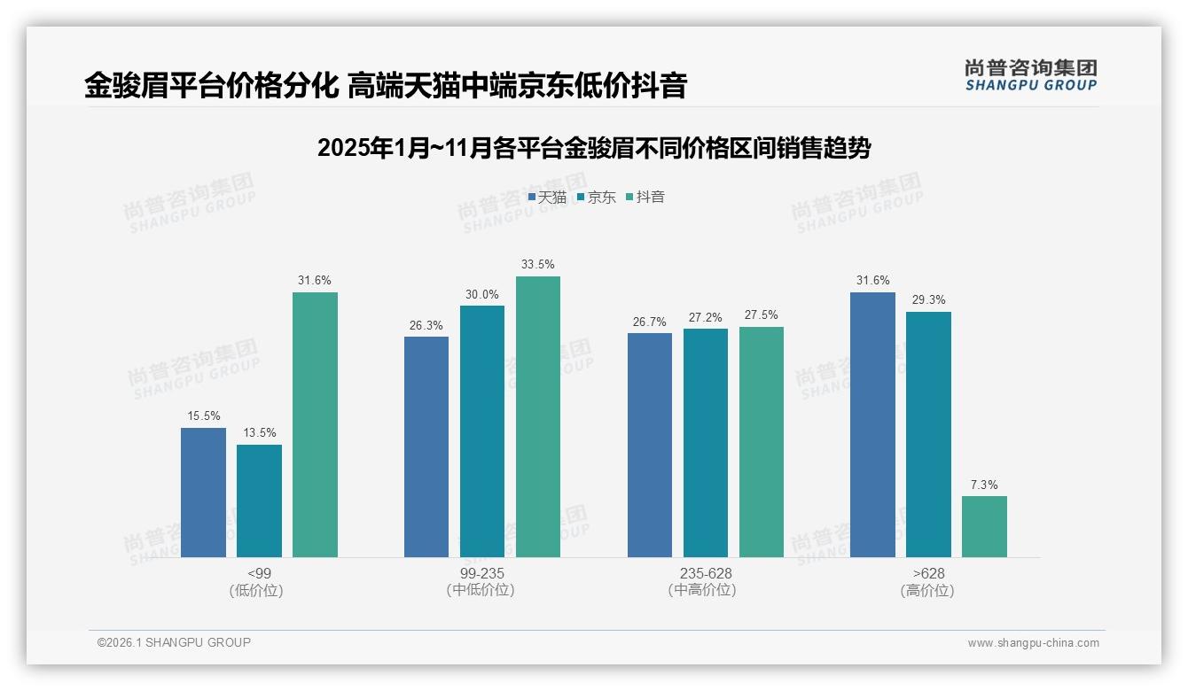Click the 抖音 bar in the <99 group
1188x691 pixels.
coord(315,424)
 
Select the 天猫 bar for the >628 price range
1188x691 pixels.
coord(872,424)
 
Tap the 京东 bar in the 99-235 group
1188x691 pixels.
coord(482,431)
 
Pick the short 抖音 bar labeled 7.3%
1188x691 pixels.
coord(984,526)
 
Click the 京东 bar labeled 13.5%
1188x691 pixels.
coord(259,501)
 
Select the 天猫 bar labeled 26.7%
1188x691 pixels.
coord(649,445)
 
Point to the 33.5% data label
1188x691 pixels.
coord(538,264)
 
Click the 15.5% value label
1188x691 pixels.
coord(203,415)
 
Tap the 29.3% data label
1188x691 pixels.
coord(928,299)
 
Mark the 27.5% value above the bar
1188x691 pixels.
coord(762,314)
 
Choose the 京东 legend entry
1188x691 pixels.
coord(596,198)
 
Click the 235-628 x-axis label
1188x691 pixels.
coord(706,573)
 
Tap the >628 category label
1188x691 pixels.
coord(928,573)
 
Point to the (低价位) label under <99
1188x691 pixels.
coord(256,591)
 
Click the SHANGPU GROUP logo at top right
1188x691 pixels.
coord(1031,75)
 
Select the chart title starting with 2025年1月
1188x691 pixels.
coord(594,148)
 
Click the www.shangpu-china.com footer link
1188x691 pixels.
coord(1033,643)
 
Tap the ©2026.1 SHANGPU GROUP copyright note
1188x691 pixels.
coord(174,642)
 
